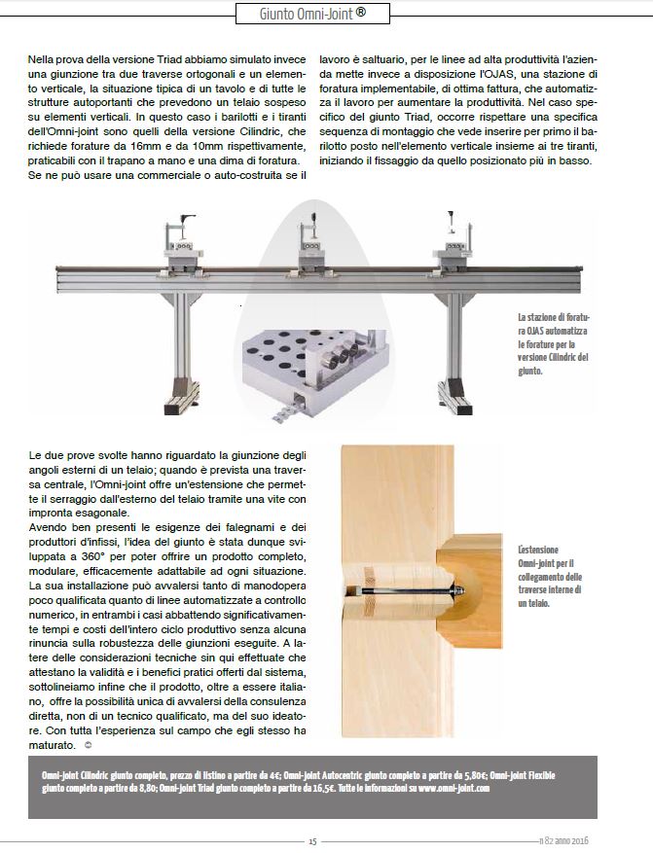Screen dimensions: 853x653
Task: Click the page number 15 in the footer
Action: [312, 841]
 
